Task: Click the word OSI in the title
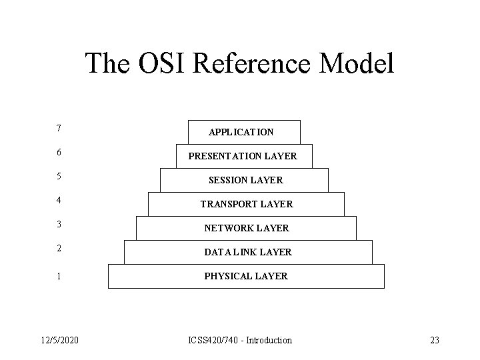pyautogui.click(x=162, y=64)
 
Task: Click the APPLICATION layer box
pyautogui.click(x=244, y=132)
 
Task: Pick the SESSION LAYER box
pyautogui.click(x=245, y=180)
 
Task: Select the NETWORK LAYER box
pyautogui.click(x=245, y=228)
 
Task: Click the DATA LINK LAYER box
pyautogui.click(x=247, y=252)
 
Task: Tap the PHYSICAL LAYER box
pyautogui.click(x=246, y=276)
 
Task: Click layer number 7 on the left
pyautogui.click(x=60, y=127)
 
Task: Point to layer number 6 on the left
pyautogui.click(x=60, y=152)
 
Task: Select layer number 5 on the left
pyautogui.click(x=60, y=177)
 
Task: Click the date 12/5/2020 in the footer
pyautogui.click(x=58, y=340)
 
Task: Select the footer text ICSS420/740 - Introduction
pyautogui.click(x=241, y=340)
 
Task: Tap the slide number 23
pyautogui.click(x=435, y=340)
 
